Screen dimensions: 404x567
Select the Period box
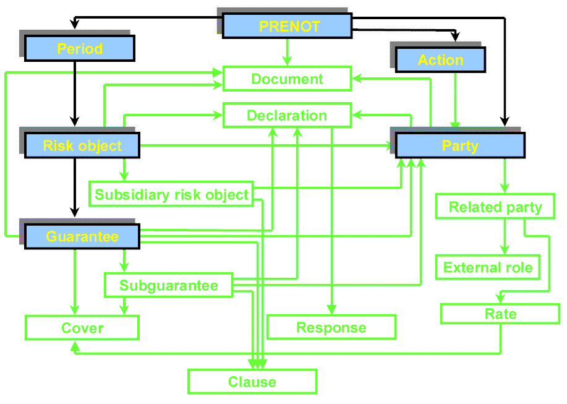click(x=80, y=48)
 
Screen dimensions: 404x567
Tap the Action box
click(x=440, y=60)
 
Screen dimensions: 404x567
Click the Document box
click(x=287, y=79)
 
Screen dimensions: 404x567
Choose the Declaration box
click(x=287, y=115)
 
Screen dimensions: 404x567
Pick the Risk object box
click(x=82, y=145)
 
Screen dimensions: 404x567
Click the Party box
click(x=460, y=145)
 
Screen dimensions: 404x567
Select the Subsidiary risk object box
click(x=171, y=194)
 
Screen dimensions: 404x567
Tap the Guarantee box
click(x=82, y=237)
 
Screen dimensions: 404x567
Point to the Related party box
click(x=495, y=207)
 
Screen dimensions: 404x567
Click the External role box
click(x=488, y=267)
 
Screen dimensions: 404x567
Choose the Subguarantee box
click(x=169, y=285)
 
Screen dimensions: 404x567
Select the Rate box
click(x=500, y=314)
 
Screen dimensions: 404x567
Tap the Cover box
click(x=82, y=328)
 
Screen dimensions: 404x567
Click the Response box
click(x=331, y=327)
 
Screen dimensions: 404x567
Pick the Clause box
click(x=252, y=382)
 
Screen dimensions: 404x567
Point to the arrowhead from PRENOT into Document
click(x=287, y=61)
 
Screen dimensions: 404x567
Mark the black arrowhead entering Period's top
click(x=74, y=25)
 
